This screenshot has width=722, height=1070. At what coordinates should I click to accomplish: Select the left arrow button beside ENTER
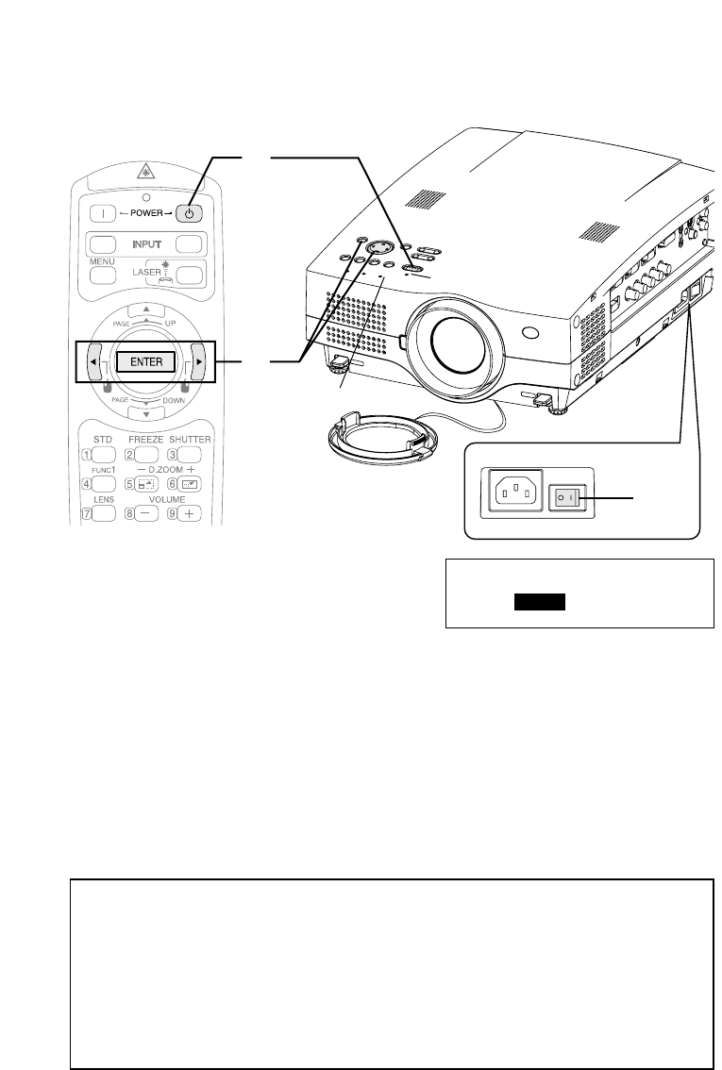(x=93, y=361)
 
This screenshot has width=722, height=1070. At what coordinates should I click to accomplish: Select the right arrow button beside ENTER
(x=199, y=361)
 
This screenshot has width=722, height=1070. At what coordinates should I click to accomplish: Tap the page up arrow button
(x=145, y=311)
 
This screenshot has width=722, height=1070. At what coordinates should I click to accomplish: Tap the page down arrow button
(x=145, y=411)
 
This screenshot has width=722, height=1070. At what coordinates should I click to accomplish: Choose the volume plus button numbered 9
(x=192, y=513)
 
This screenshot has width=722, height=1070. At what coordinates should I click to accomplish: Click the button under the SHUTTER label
(x=192, y=456)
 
